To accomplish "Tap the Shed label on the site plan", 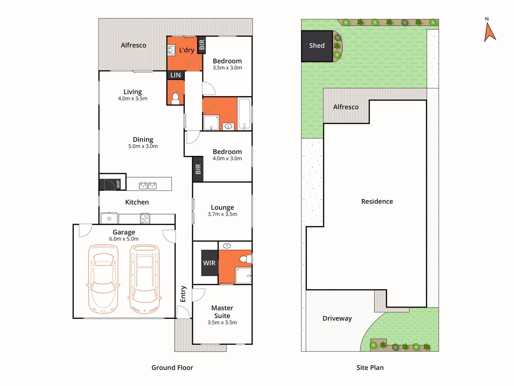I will pos(317,45).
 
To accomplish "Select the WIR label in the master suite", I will pos(209,263).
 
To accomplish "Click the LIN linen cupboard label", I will pos(175,75).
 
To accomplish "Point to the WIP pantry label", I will pos(118,184).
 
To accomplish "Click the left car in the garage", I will pos(103,279).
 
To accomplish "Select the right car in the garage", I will pos(145,279).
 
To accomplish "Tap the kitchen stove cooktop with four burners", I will pos(145,218).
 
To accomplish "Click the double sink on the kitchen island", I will pos(148,185).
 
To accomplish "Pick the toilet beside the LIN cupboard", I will pos(175,98).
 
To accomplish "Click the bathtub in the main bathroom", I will pos(245,114).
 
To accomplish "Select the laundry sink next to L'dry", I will pos(172,50).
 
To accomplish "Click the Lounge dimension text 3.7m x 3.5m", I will pos(222,214).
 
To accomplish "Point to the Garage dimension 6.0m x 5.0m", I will pos(124,239).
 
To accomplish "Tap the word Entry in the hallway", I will pos(183,294).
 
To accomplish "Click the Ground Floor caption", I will pos(172,367).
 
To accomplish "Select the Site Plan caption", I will pos(370,367).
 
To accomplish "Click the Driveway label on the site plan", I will pos(337,318).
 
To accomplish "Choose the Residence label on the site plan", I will pos(377,201).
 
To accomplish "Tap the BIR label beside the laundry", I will pos(202,45).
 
